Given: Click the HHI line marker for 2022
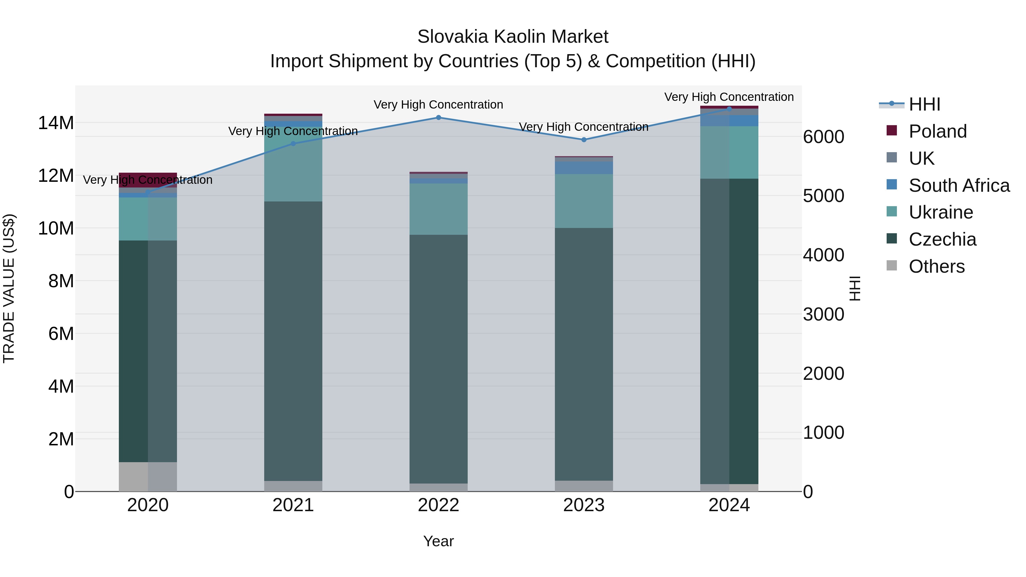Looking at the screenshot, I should pos(439,117).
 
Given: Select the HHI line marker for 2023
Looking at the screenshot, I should pos(584,140).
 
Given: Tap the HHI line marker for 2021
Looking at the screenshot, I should pos(293,144).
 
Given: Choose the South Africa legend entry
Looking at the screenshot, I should pos(959,185).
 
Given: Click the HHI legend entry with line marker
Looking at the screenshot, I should pos(924,104).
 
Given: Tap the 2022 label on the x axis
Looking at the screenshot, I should pos(439,505).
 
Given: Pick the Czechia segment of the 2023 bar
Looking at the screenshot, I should pos(584,354).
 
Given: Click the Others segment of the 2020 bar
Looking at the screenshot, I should pos(148,477).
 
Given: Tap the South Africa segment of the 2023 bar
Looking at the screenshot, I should pos(584,168).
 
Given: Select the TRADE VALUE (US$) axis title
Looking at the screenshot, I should pos(9,288).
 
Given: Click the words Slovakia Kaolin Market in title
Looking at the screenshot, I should pos(513,37).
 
